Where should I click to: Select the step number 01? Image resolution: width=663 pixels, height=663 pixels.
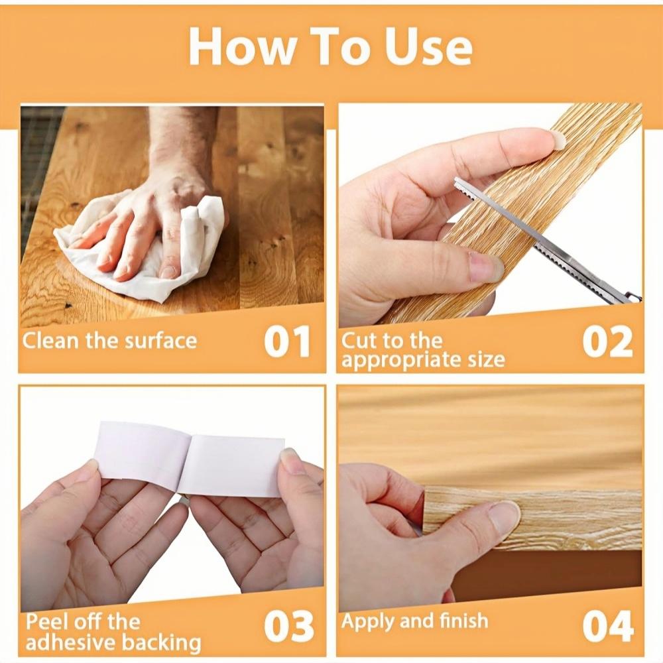[x=287, y=342]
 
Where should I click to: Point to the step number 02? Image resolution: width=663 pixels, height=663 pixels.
[x=607, y=342]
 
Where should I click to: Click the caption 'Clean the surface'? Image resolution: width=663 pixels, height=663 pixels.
[x=109, y=341]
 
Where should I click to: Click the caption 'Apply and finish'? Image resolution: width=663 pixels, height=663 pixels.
[x=414, y=621]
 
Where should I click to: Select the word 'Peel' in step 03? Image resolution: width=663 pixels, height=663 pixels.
[x=46, y=623]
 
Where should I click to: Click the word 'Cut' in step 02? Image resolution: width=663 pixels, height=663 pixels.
[x=358, y=341]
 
